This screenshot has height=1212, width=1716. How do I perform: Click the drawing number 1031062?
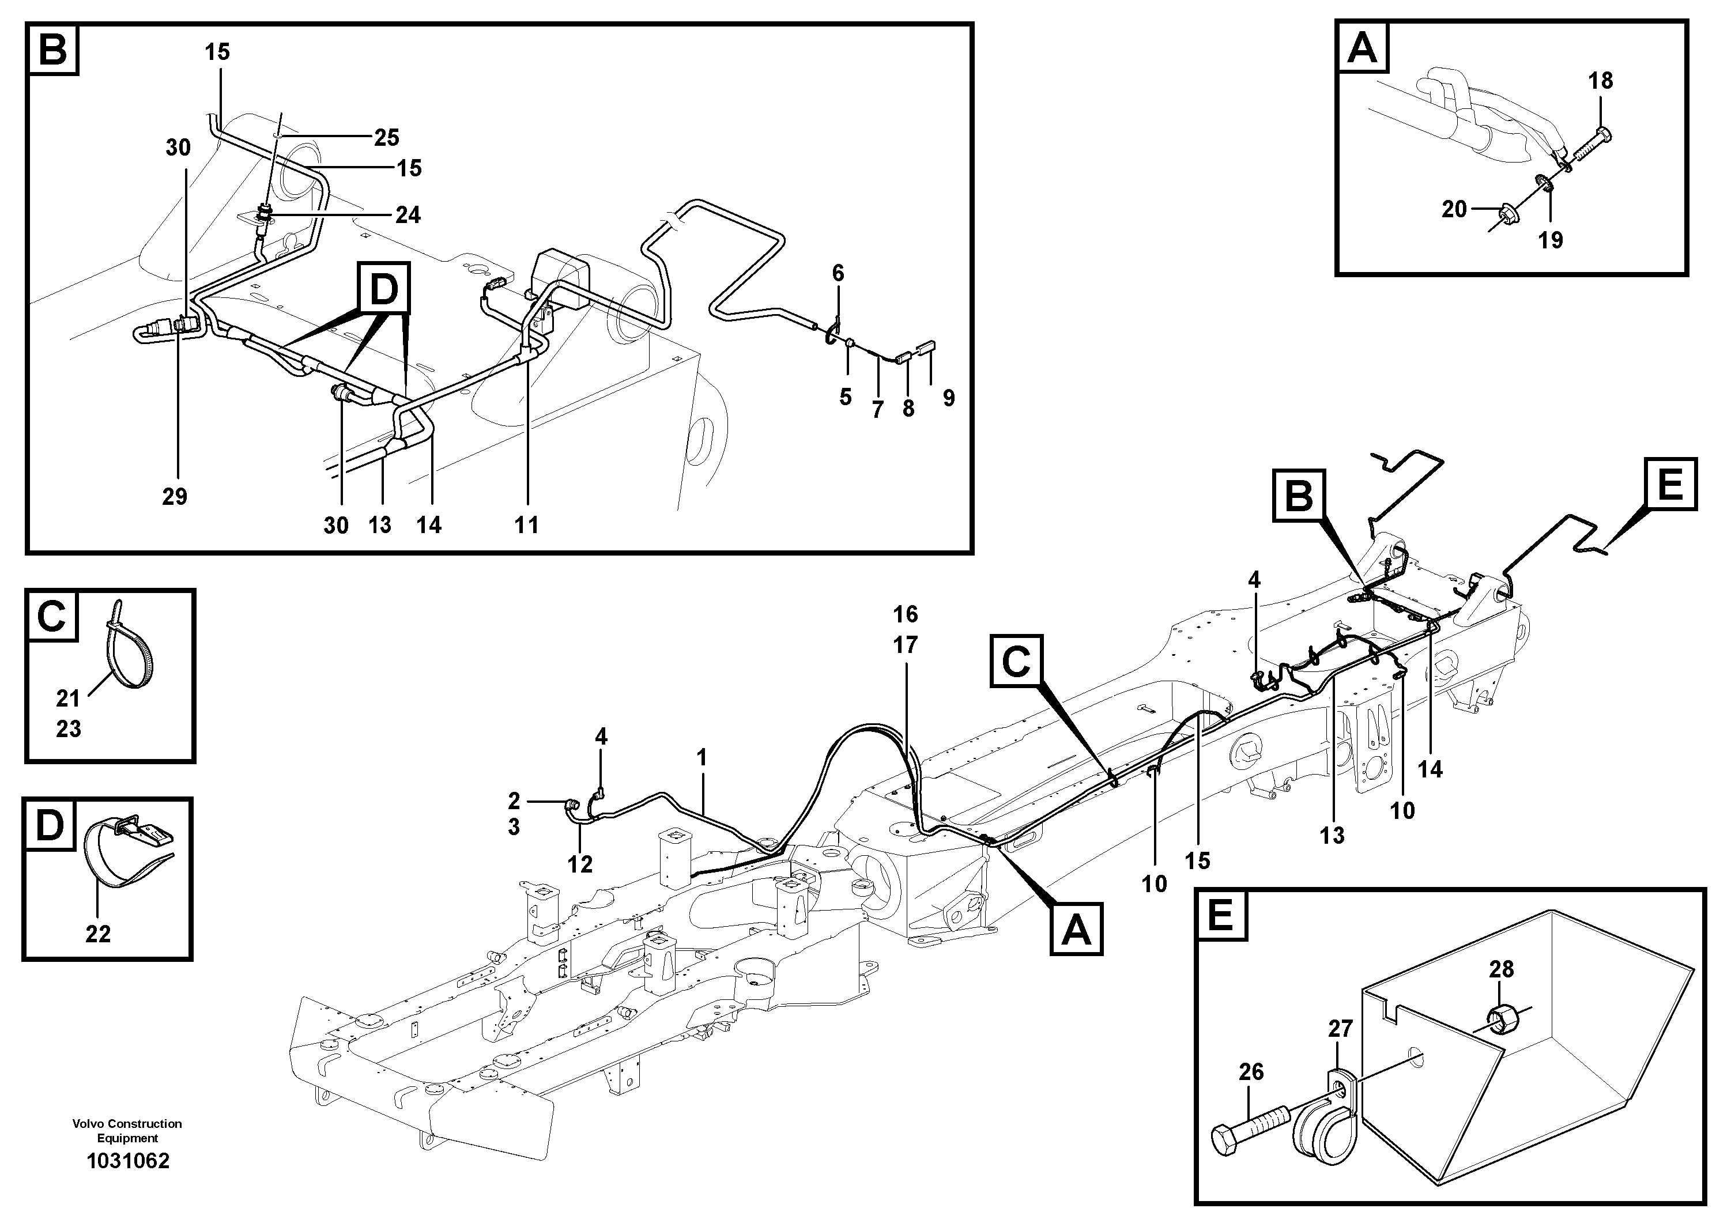pyautogui.click(x=128, y=1161)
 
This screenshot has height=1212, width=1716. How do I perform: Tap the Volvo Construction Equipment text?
pyautogui.click(x=127, y=1131)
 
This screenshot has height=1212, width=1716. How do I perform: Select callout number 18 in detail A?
pyautogui.click(x=1600, y=81)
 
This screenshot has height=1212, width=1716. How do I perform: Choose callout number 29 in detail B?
pyautogui.click(x=175, y=496)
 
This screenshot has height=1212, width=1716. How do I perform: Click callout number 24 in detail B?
pyautogui.click(x=408, y=215)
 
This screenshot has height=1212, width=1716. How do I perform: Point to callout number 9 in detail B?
pyautogui.click(x=948, y=398)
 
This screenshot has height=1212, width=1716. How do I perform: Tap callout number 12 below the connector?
pyautogui.click(x=580, y=864)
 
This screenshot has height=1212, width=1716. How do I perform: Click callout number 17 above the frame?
pyautogui.click(x=905, y=645)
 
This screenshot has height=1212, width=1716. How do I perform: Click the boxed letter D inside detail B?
pyautogui.click(x=383, y=288)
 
